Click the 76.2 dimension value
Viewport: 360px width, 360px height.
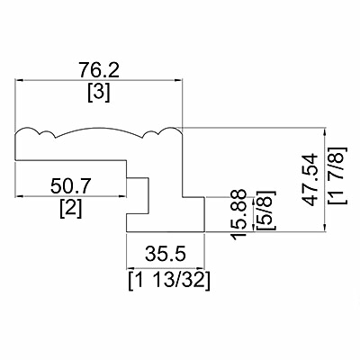(x=99, y=70)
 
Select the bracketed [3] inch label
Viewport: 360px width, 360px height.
(x=99, y=93)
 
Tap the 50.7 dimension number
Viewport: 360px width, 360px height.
(x=71, y=186)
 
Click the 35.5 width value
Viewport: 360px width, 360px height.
(x=166, y=254)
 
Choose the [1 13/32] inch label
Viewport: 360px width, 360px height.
(x=169, y=281)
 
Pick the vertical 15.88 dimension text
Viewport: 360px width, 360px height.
(x=239, y=214)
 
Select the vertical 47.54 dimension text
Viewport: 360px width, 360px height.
(x=310, y=180)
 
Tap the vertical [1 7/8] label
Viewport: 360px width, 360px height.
(x=337, y=175)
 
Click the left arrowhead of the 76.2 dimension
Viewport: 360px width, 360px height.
(x=19, y=80)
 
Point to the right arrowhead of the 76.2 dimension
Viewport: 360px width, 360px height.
(x=178, y=80)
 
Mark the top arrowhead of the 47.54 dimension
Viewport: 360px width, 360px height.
(x=325, y=131)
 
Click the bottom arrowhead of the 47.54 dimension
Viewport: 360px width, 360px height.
(x=325, y=228)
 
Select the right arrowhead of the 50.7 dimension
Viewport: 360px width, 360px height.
(x=122, y=196)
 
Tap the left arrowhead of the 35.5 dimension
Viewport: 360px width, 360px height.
(x=130, y=268)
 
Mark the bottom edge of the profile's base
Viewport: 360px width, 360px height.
(x=166, y=232)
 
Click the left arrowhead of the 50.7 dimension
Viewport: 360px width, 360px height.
(x=19, y=196)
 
